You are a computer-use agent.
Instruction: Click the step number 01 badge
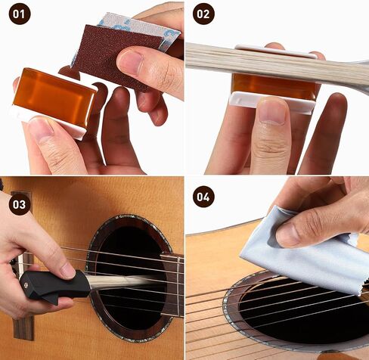point(20,14)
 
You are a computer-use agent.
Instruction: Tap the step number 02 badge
point(203,14)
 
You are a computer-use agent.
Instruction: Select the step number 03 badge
point(20,204)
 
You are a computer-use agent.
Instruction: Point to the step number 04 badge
point(203,197)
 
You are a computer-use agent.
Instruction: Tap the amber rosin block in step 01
point(54,97)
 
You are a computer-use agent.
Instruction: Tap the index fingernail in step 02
point(273,111)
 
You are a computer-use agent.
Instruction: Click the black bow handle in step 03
point(54,286)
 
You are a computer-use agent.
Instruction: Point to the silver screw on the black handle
point(26,285)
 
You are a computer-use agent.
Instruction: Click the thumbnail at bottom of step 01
point(40,127)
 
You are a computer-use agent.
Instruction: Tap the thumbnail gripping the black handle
point(67,271)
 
